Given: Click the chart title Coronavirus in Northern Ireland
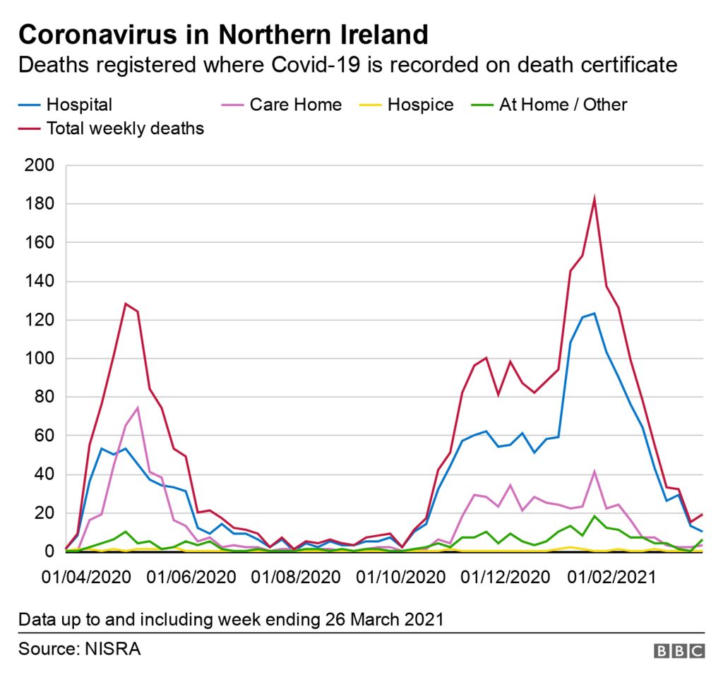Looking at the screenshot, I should pyautogui.click(x=223, y=34).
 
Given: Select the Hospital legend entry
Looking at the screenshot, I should pyautogui.click(x=78, y=105).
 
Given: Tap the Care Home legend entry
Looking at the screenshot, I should pyautogui.click(x=295, y=105).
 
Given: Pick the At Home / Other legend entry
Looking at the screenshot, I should pyautogui.click(x=563, y=105).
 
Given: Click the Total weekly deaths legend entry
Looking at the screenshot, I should pyautogui.click(x=124, y=128).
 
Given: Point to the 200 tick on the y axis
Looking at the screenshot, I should pyautogui.click(x=39, y=166).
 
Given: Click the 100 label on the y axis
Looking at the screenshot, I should pyautogui.click(x=39, y=359).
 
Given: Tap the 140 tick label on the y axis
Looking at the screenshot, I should pyautogui.click(x=39, y=282).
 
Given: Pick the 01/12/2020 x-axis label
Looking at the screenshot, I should pyautogui.click(x=505, y=577).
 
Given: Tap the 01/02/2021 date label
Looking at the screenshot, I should pyautogui.click(x=611, y=577).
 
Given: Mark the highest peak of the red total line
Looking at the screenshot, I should pyautogui.click(x=594, y=199).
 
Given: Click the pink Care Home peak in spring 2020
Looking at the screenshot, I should pyautogui.click(x=137, y=407).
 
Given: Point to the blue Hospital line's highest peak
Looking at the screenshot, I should pyautogui.click(x=594, y=313).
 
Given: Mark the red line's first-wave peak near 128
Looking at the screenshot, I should pyautogui.click(x=125, y=304).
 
